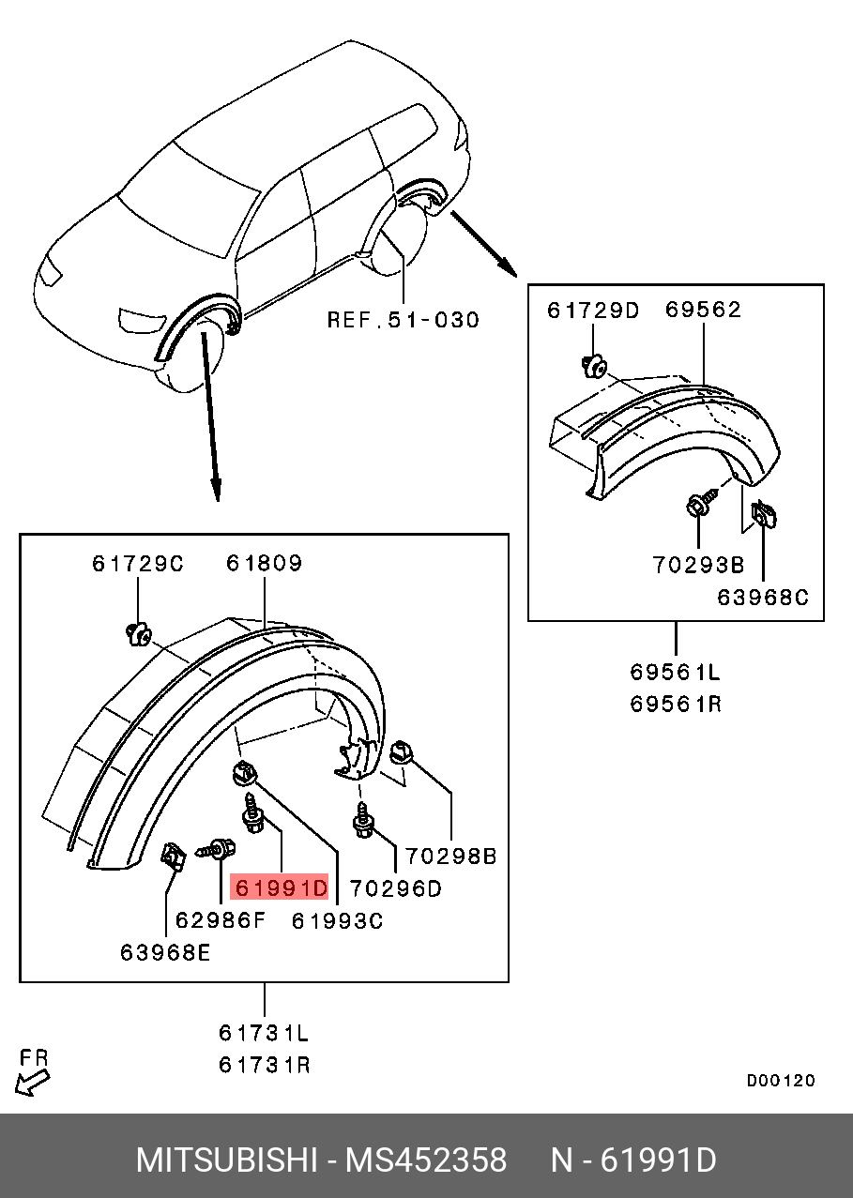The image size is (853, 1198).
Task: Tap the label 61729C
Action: point(138,564)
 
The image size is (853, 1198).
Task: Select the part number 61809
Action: point(264,564)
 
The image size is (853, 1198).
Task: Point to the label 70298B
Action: point(451,857)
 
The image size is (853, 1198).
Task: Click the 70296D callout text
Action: point(395,887)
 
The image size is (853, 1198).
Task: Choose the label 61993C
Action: point(337,920)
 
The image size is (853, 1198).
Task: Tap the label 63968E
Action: point(165,952)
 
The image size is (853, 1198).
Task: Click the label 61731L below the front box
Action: point(264,1033)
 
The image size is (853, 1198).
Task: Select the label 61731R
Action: point(264,1065)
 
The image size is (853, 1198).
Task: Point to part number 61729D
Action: point(593,311)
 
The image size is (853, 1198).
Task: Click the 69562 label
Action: point(704,311)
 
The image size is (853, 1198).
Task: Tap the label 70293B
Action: point(699,565)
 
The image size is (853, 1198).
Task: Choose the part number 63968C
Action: point(763,597)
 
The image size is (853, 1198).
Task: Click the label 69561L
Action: point(676,672)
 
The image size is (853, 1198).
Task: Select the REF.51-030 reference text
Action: point(403,320)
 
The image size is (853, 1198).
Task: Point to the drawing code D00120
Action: point(781,1081)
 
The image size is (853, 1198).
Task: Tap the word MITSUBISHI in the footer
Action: point(226,1160)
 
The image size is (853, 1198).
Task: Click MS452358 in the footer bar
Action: point(426,1160)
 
